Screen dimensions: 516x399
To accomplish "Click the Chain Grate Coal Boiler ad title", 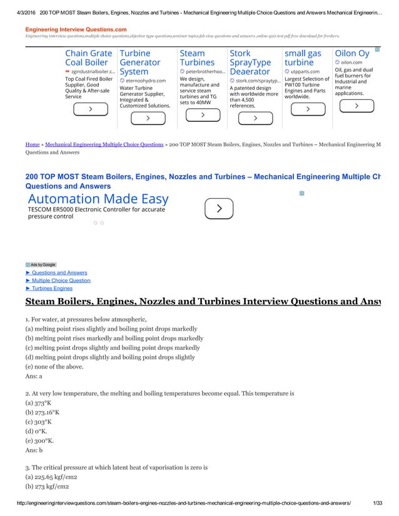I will (x=89, y=58).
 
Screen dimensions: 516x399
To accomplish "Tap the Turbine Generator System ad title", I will (x=139, y=63).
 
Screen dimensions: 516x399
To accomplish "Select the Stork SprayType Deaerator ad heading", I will (x=250, y=63).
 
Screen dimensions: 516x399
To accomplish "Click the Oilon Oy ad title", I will (x=352, y=54).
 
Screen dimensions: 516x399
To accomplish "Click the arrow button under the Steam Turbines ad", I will (x=204, y=116).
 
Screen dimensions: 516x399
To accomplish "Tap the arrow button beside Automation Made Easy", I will (x=220, y=209).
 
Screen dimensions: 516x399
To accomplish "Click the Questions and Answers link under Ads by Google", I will (x=59, y=273).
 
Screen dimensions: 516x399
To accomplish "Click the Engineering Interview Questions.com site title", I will (x=76, y=29).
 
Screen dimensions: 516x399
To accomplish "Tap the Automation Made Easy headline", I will (x=98, y=199).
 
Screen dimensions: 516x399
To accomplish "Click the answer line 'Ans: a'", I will (x=34, y=377).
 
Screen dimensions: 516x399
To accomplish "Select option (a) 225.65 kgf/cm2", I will (x=56, y=477).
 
